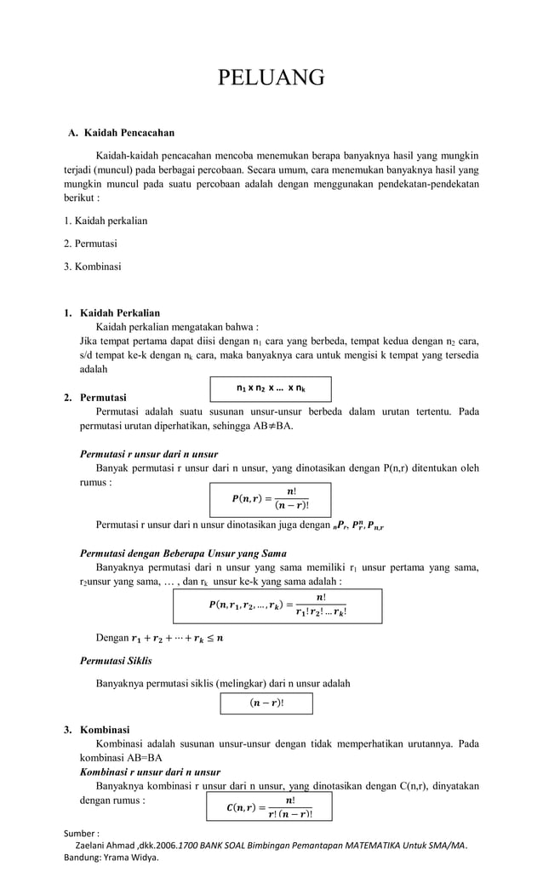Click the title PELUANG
(271, 78)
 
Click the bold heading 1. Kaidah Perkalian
(119, 313)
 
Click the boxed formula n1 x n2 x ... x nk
(271, 388)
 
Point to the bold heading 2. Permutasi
(103, 398)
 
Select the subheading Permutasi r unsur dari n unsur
(148, 453)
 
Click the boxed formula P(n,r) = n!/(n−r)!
(270, 499)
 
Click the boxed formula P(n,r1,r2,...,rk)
(271, 605)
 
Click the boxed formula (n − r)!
(266, 703)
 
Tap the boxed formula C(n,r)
(270, 806)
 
